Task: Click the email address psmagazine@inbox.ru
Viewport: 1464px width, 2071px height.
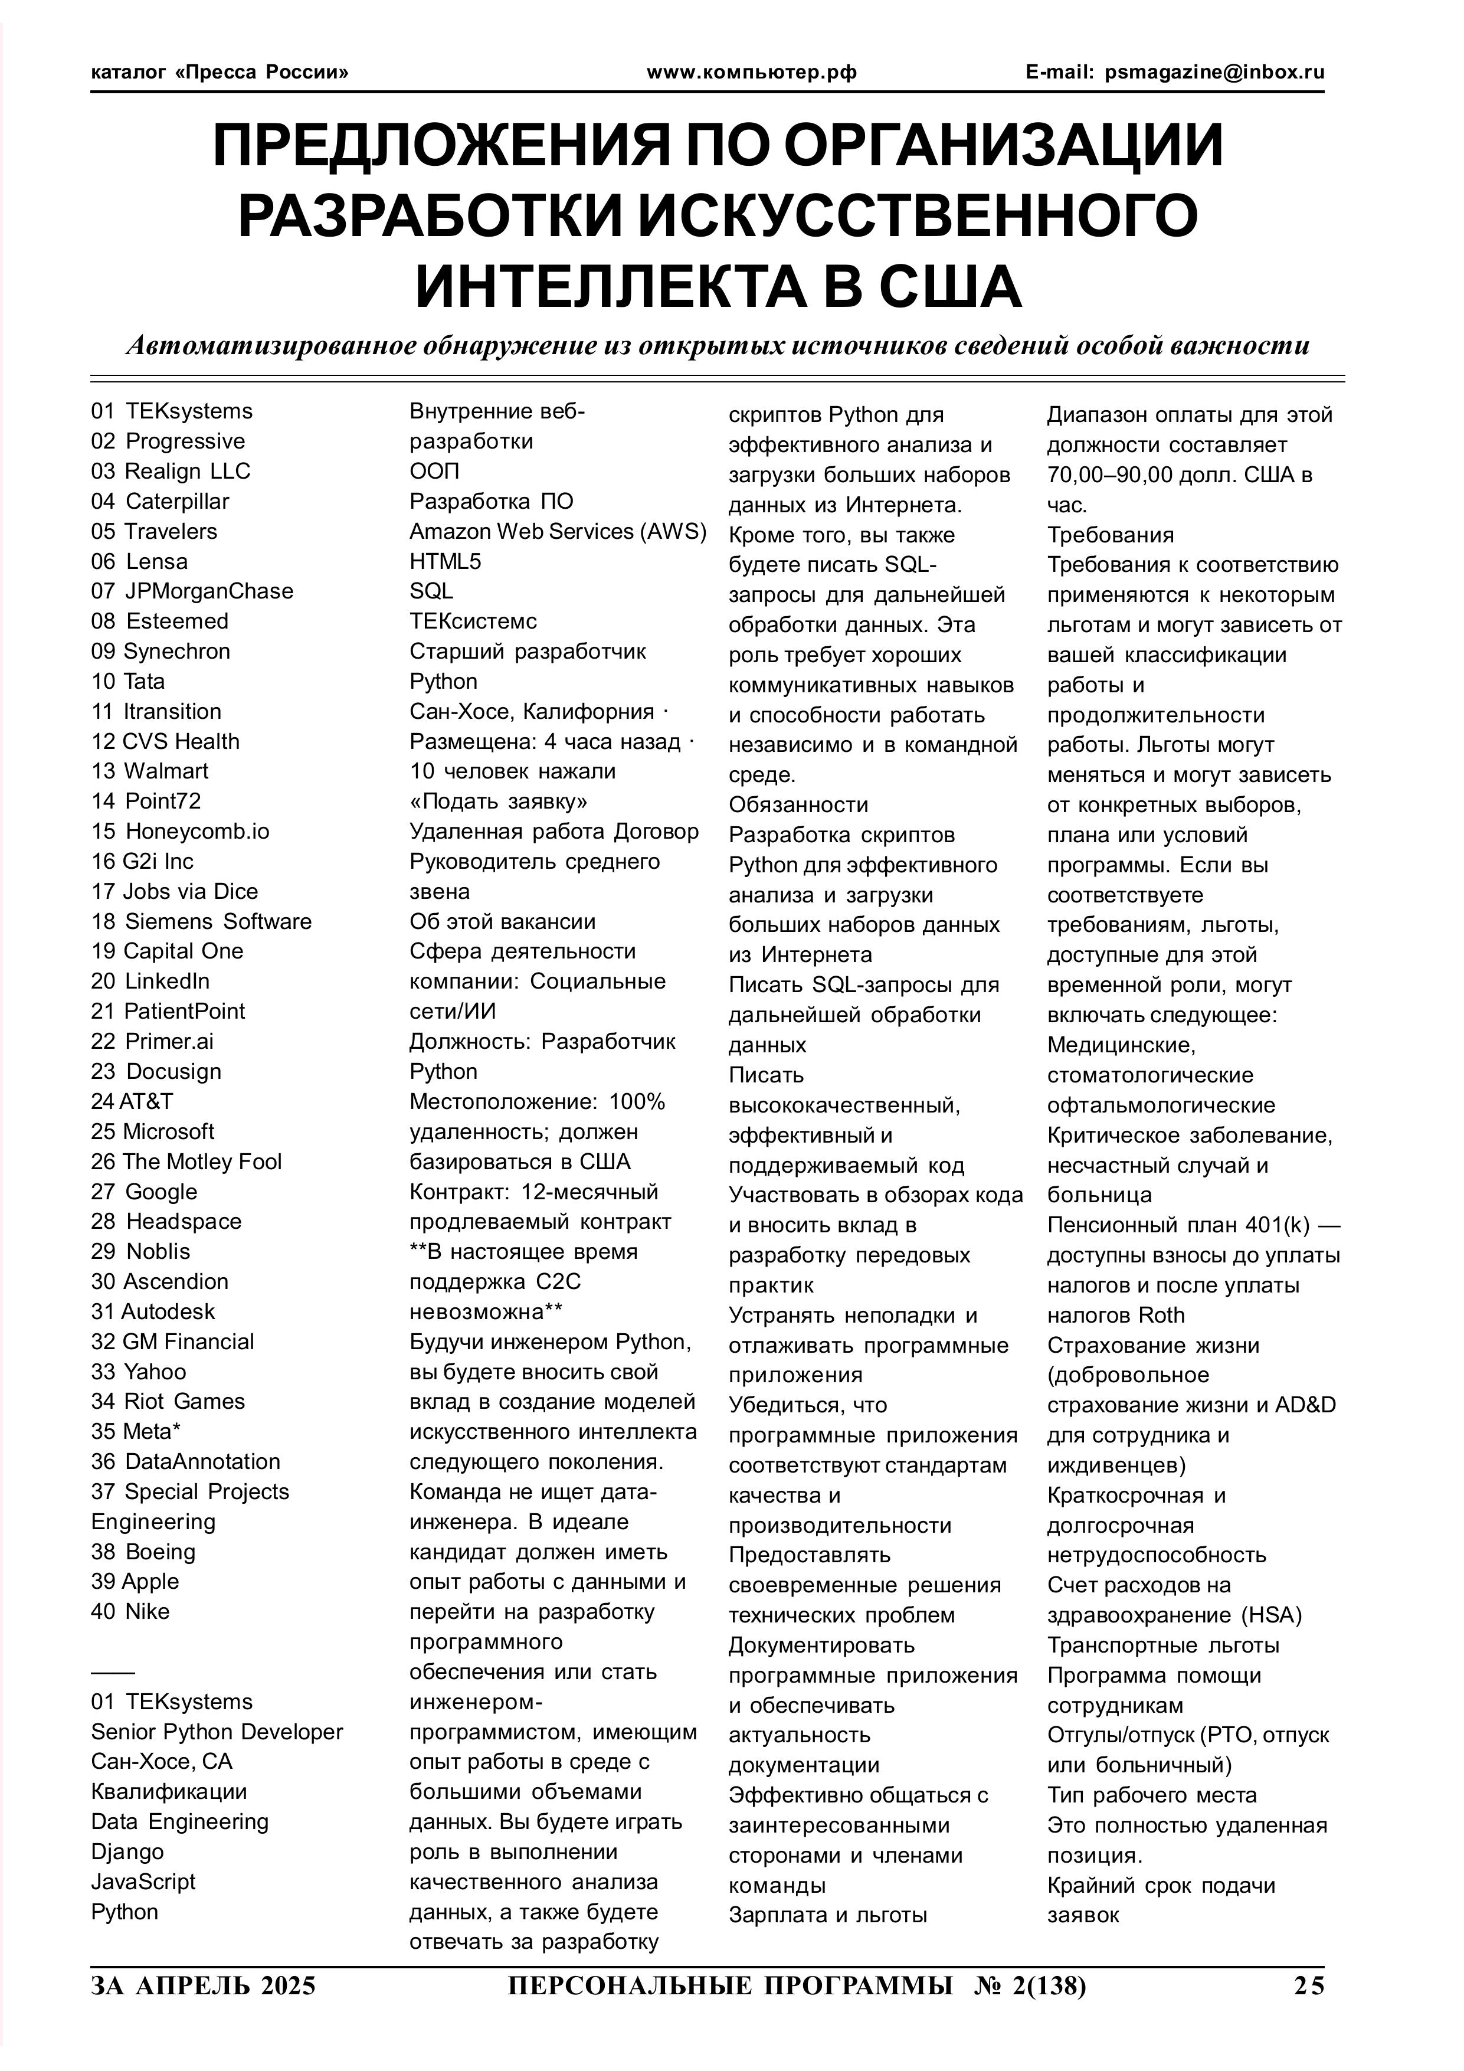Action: coord(1214,72)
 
